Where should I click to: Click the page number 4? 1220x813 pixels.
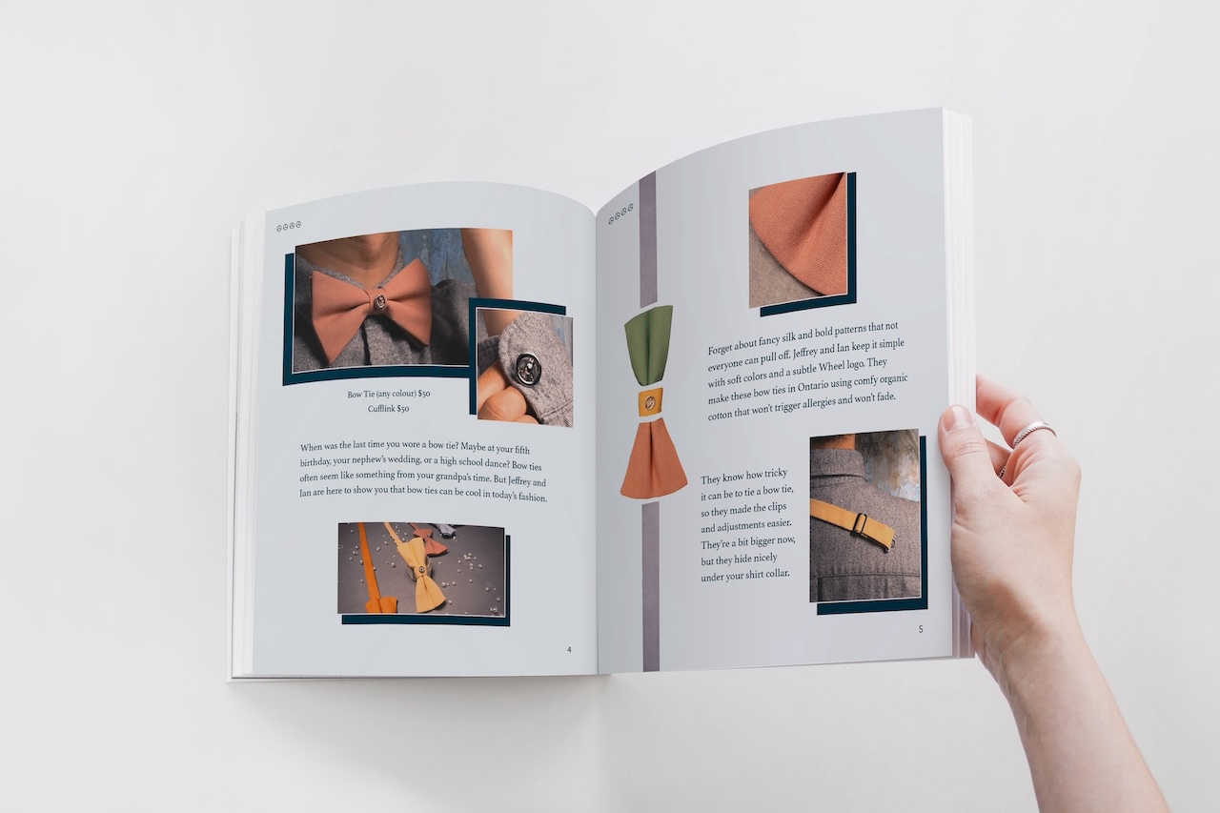[569, 650]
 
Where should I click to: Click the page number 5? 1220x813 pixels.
[921, 629]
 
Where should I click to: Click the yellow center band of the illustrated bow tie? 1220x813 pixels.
[650, 403]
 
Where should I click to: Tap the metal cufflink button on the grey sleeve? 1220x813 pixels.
[526, 369]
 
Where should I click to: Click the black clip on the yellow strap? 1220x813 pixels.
[860, 524]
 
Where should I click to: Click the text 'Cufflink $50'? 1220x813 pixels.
[388, 408]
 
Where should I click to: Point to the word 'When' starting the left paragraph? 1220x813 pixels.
[311, 448]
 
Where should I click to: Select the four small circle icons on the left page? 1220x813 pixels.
[289, 226]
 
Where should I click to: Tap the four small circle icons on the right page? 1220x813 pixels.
[620, 213]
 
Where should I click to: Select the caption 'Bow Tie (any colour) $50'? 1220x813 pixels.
[389, 394]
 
